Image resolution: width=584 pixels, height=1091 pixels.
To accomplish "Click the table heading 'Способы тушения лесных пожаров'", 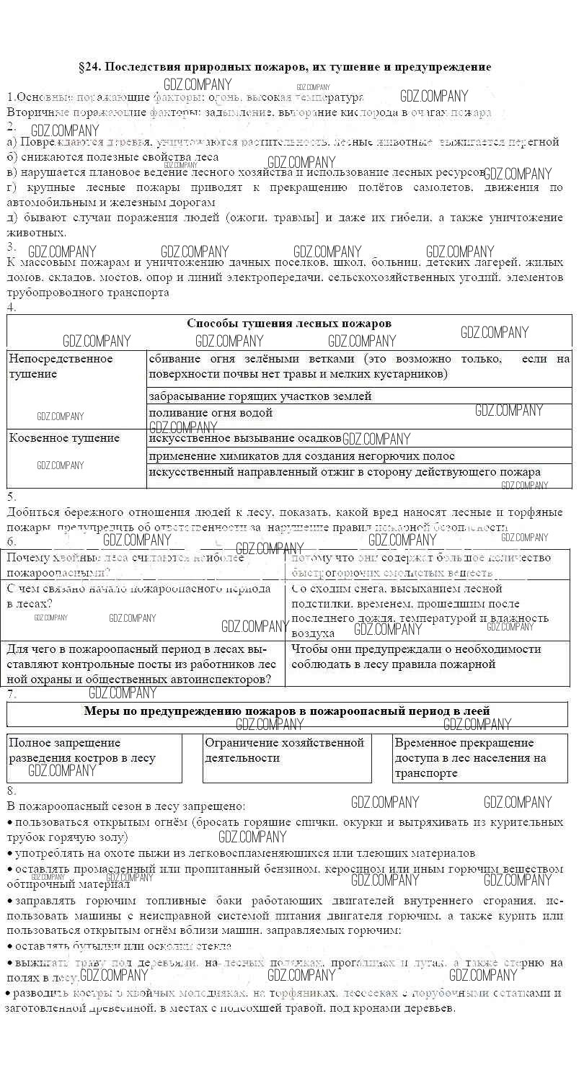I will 289,324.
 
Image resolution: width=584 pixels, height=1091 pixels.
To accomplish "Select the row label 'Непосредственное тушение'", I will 61,366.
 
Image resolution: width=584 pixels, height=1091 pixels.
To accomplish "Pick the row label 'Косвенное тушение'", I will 64,438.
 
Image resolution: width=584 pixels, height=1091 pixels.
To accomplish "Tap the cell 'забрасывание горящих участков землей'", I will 260,396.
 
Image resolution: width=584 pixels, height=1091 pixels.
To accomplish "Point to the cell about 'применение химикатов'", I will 301,455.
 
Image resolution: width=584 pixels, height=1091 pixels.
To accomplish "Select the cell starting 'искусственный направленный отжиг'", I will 345,472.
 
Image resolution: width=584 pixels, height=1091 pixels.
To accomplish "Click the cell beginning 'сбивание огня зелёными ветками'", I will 359,366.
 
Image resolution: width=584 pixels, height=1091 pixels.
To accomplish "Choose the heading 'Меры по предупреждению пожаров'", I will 288,711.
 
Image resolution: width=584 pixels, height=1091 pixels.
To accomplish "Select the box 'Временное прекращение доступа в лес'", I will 470,757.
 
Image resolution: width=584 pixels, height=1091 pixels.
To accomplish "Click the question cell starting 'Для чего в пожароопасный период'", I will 143,664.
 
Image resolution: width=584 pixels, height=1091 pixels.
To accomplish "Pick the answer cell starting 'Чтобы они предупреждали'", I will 416,656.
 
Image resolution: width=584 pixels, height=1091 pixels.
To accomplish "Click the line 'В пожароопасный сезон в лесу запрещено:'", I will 125,805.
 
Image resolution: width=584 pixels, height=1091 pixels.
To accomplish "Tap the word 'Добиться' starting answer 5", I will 31,512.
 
